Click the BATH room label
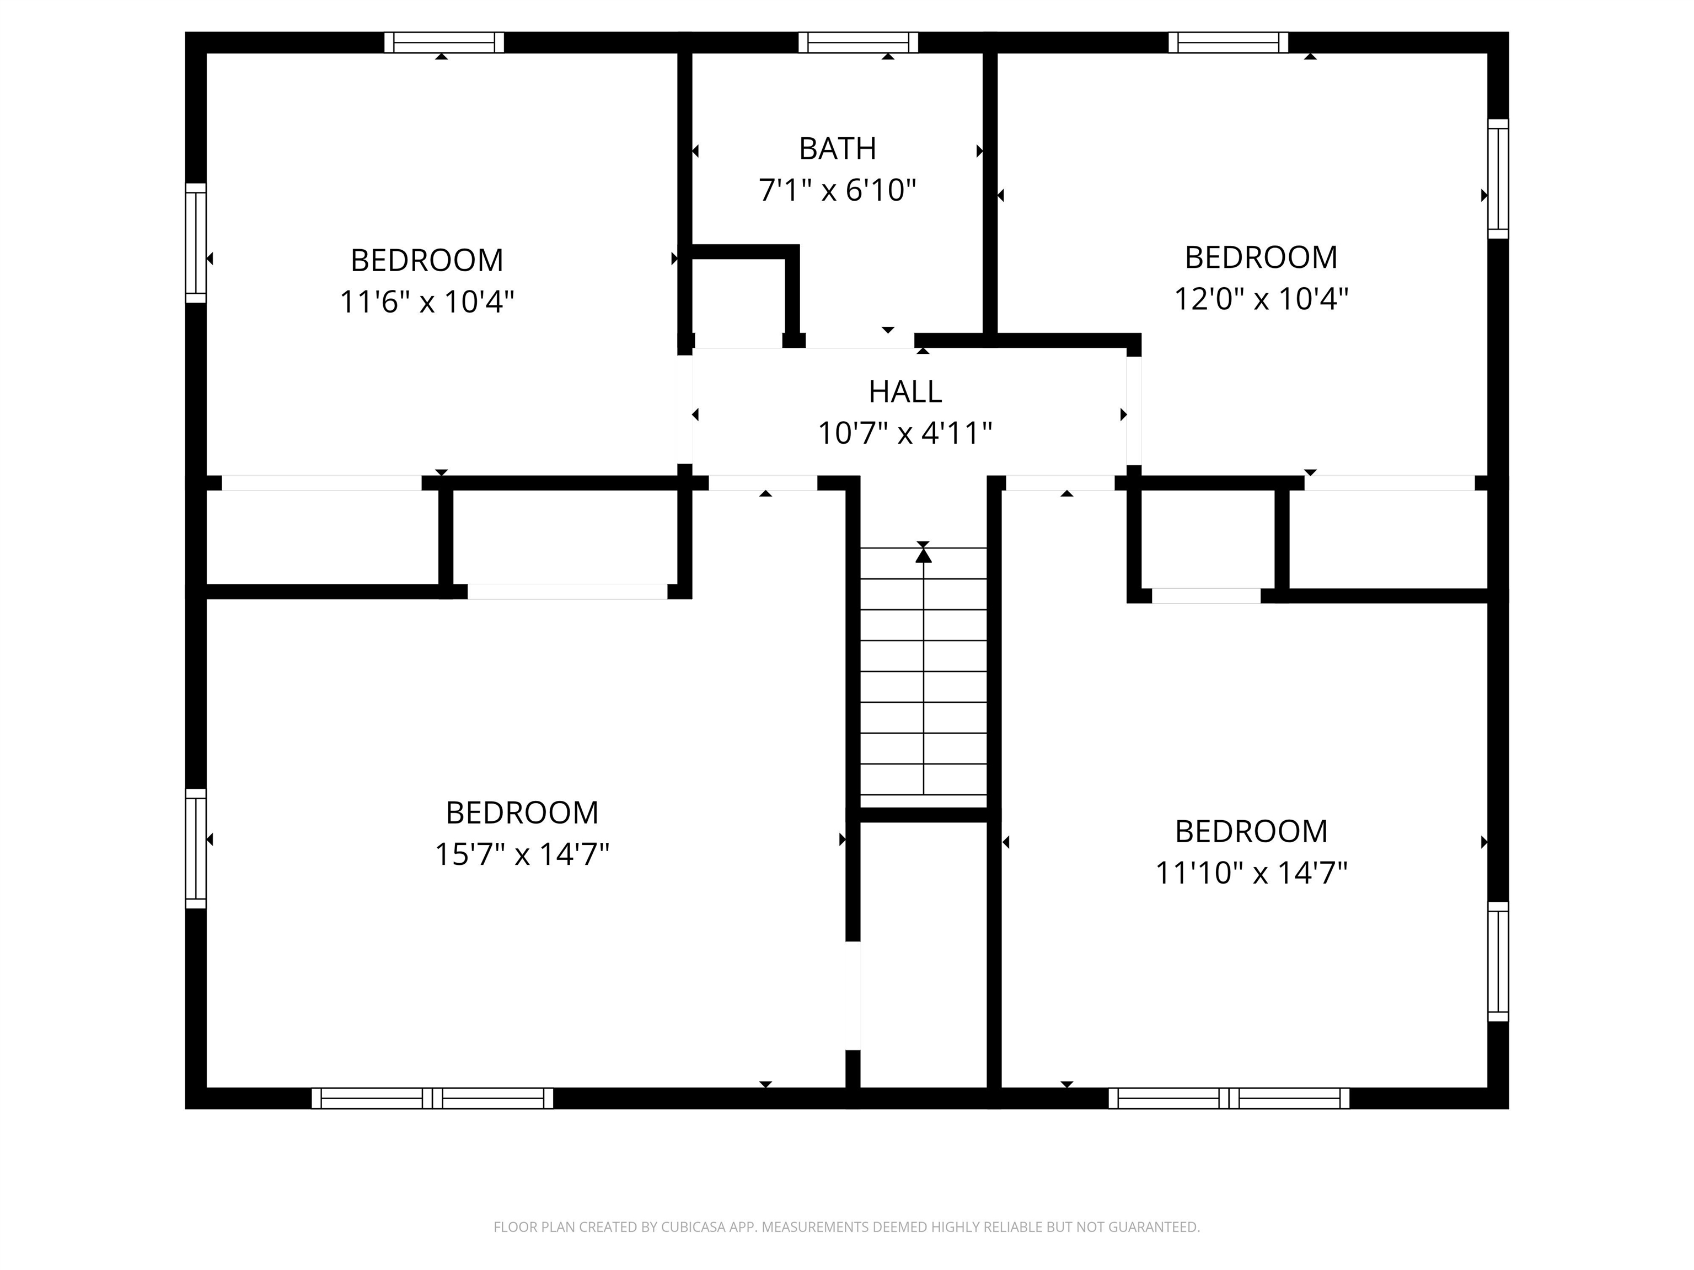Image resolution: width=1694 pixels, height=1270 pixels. pyautogui.click(x=837, y=148)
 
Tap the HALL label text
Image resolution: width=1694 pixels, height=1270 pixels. pyautogui.click(x=905, y=392)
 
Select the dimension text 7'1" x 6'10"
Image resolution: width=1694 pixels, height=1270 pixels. pyautogui.click(x=837, y=190)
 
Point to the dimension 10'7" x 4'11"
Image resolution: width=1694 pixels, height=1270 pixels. pyautogui.click(x=905, y=433)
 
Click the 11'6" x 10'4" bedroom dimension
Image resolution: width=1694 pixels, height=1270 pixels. pyautogui.click(x=427, y=302)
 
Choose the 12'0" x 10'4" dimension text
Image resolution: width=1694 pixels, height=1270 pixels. pyautogui.click(x=1261, y=299)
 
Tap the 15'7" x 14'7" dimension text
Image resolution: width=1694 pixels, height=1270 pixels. pyautogui.click(x=522, y=853)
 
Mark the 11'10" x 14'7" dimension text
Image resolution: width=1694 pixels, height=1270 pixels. pyautogui.click(x=1251, y=873)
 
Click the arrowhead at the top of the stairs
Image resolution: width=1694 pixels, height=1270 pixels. pyautogui.click(x=924, y=554)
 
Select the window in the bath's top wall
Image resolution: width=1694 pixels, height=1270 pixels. pyautogui.click(x=859, y=43)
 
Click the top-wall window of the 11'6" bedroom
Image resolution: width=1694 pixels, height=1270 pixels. pyautogui.click(x=444, y=43)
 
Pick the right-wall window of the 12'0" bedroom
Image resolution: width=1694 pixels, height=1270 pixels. pyautogui.click(x=1498, y=179)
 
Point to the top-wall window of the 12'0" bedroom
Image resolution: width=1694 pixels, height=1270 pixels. pyautogui.click(x=1229, y=43)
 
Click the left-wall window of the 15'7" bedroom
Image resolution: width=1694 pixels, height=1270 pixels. pyautogui.click(x=196, y=849)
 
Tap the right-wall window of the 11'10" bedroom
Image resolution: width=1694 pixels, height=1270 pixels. pyautogui.click(x=1498, y=961)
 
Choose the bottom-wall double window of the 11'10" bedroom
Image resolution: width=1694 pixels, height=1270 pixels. pyautogui.click(x=1229, y=1099)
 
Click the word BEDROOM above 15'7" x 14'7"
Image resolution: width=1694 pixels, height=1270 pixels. pyautogui.click(x=522, y=812)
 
